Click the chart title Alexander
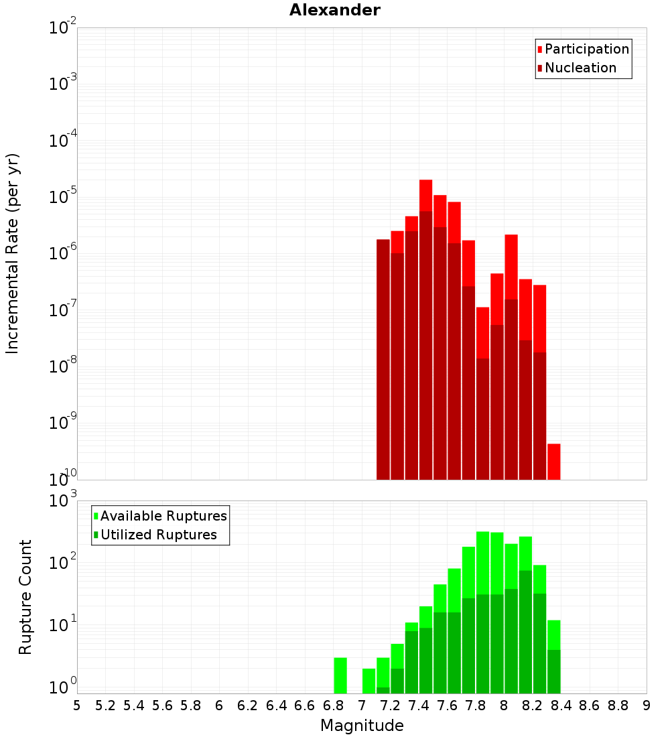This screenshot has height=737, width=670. (x=334, y=10)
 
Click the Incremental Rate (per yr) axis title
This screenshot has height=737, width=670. (x=13, y=254)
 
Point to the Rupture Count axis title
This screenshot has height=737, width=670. (x=25, y=597)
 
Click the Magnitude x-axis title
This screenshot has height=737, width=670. (x=362, y=726)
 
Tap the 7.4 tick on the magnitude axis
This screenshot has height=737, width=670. (x=419, y=705)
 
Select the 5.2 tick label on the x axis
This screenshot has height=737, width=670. (x=105, y=705)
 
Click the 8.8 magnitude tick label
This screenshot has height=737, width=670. (x=618, y=705)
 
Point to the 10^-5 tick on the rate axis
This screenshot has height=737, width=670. (x=63, y=197)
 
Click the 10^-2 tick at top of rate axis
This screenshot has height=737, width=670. (x=63, y=28)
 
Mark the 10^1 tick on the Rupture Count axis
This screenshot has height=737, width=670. (x=63, y=625)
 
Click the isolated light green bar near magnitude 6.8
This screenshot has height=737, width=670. (x=340, y=675)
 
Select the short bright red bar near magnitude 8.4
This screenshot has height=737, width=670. (x=553, y=461)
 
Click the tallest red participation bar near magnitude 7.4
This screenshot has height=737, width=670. (x=425, y=195)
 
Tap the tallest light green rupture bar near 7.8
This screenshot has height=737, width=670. (x=482, y=563)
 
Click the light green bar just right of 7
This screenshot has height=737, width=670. (x=368, y=681)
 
